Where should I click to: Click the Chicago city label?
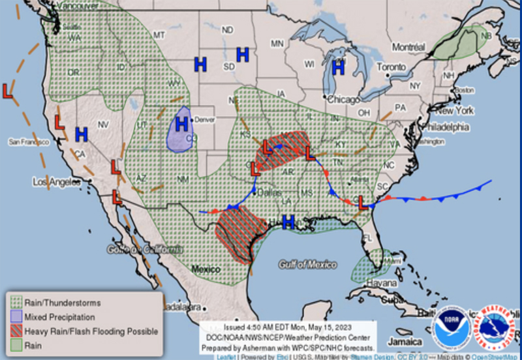(x=343, y=99)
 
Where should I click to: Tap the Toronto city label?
(x=391, y=67)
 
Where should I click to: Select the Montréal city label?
(x=408, y=47)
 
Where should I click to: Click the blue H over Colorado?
(x=181, y=123)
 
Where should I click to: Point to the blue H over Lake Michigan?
(x=338, y=67)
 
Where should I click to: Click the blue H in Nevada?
(x=81, y=134)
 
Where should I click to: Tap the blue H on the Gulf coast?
(x=288, y=222)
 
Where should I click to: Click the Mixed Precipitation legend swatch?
(x=15, y=316)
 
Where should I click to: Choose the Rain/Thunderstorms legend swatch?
(x=15, y=303)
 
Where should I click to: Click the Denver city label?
(x=204, y=120)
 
